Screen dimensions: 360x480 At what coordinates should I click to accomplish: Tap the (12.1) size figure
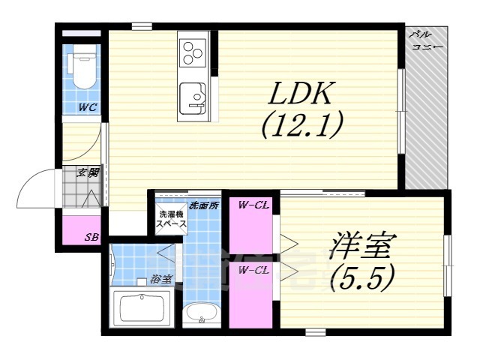(301, 124)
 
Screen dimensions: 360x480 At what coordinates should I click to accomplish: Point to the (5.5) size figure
(362, 279)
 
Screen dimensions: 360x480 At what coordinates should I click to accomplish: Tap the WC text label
(88, 107)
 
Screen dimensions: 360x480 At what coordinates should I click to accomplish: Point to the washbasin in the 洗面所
(201, 314)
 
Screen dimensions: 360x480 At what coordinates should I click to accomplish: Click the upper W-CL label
(253, 205)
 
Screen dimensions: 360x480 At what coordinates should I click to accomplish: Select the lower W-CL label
(253, 271)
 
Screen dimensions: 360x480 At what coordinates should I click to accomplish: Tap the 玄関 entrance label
(89, 172)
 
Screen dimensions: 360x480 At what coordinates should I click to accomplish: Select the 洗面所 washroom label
(202, 204)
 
